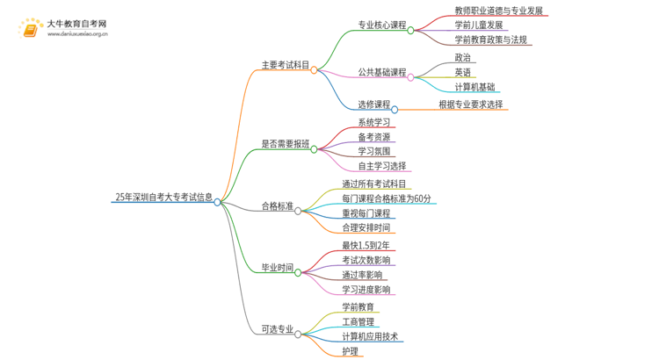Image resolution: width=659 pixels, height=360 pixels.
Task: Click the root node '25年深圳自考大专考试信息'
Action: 163,197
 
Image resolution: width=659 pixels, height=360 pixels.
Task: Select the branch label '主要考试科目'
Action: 286,64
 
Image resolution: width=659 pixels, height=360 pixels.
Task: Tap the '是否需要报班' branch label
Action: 286,144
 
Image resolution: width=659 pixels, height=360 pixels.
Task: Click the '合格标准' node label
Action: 278,206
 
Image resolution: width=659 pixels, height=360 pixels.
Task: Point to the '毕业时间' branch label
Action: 278,267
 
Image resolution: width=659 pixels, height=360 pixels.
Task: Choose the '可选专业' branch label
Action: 278,329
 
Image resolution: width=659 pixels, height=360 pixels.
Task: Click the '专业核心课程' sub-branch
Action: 382,25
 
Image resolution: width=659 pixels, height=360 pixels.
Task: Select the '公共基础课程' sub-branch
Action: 382,72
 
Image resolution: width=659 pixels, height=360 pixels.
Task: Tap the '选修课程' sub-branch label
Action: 374,104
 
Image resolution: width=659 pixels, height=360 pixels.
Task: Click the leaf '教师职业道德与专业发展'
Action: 498,11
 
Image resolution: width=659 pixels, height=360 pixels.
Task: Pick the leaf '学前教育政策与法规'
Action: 490,40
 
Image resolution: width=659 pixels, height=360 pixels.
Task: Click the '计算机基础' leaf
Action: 474,87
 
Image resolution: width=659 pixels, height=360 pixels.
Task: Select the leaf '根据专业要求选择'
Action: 471,104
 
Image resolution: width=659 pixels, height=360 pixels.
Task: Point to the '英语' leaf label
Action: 463,72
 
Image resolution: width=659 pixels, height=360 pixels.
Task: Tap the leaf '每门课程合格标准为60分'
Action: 387,199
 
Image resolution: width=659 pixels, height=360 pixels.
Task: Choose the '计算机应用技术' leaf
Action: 370,336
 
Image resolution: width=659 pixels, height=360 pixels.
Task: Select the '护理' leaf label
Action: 351,351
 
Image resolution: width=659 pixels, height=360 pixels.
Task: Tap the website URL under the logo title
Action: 77,34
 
